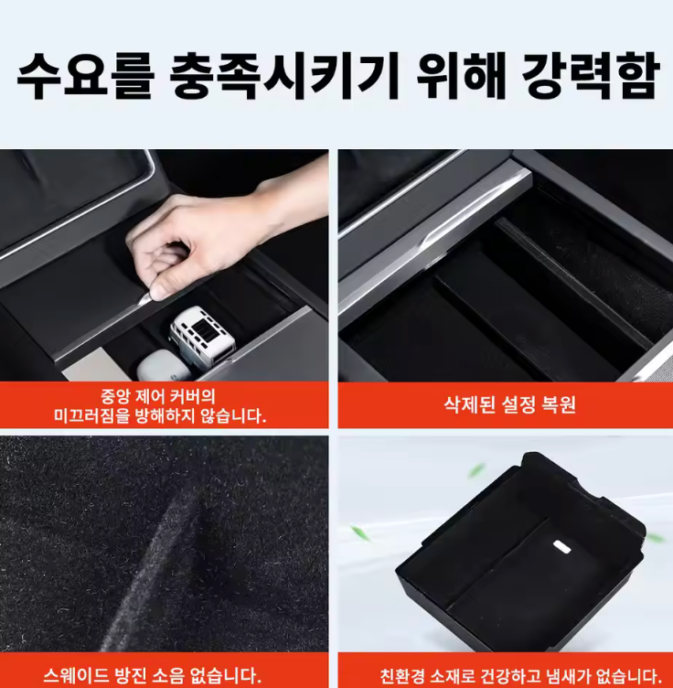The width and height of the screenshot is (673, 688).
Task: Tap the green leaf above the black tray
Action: click(476, 471)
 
